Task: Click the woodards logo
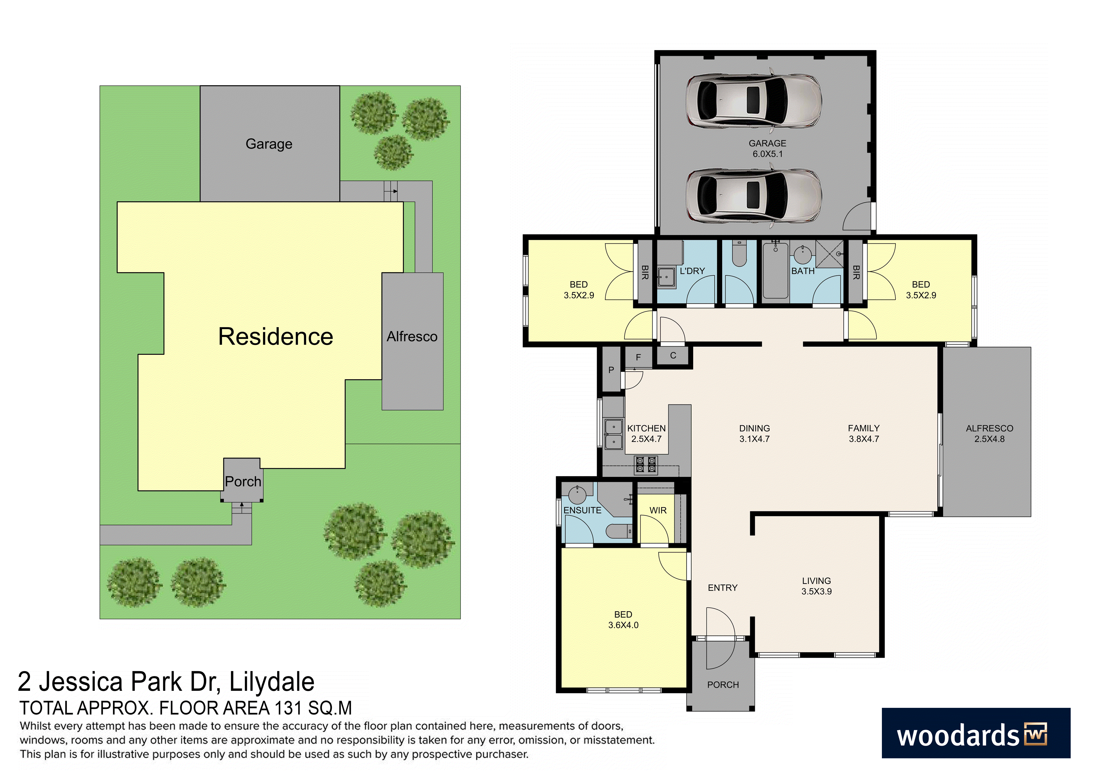coord(976,733)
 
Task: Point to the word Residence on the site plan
coord(276,336)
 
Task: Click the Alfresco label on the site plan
coord(412,337)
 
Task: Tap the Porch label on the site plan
coord(243,481)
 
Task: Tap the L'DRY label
coord(692,271)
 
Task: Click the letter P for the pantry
coord(611,370)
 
